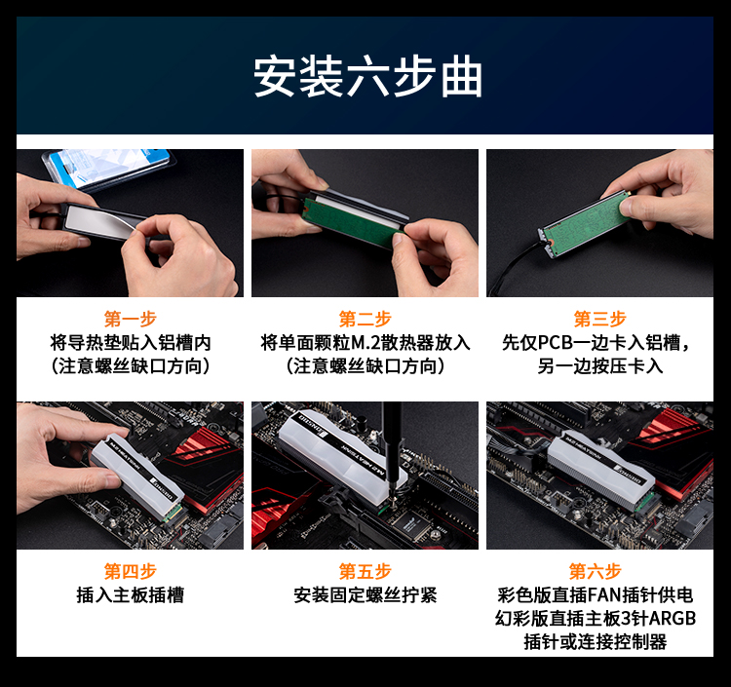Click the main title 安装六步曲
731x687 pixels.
click(367, 76)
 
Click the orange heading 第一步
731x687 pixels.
click(130, 320)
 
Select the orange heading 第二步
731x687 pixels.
click(365, 320)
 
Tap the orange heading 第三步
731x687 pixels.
click(600, 320)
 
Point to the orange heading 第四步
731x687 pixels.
click(130, 571)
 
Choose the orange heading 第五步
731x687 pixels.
click(365, 571)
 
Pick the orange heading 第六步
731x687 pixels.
click(596, 571)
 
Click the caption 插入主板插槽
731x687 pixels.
click(130, 595)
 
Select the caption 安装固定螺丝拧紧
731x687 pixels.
click(365, 595)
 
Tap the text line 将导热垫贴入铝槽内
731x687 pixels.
click(131, 343)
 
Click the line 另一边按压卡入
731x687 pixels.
click(600, 366)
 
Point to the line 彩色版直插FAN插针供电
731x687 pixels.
click(596, 595)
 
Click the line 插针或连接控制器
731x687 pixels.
click(596, 642)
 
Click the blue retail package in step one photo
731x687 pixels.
click(109, 168)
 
